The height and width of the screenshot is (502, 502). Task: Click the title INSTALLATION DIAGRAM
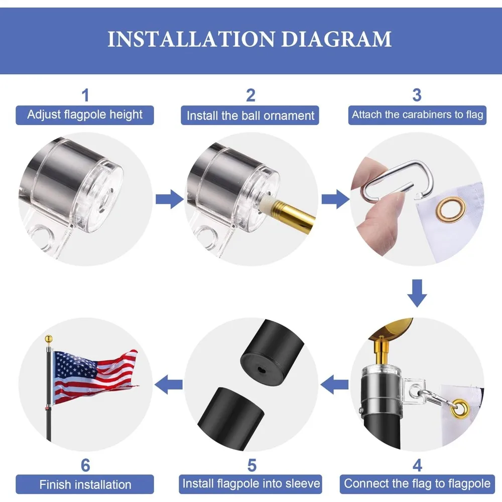pyautogui.click(x=249, y=39)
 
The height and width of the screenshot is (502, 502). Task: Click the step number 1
pyautogui.click(x=85, y=95)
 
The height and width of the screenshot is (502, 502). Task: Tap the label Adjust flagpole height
pyautogui.click(x=85, y=114)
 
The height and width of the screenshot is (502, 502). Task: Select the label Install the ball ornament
pyautogui.click(x=250, y=115)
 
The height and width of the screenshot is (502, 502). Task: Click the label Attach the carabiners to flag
pyautogui.click(x=417, y=114)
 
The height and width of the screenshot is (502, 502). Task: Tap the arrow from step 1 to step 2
pyautogui.click(x=169, y=199)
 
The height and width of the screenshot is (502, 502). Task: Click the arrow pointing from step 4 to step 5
pyautogui.click(x=334, y=386)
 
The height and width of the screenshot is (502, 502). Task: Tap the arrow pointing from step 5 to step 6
pyautogui.click(x=168, y=386)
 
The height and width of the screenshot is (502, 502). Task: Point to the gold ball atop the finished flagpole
pyautogui.click(x=49, y=339)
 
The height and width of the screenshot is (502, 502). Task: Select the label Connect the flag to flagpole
pyautogui.click(x=417, y=483)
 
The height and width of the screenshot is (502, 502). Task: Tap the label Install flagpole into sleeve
pyautogui.click(x=251, y=483)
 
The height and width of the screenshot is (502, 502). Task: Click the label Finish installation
pyautogui.click(x=85, y=484)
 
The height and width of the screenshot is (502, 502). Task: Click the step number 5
pyautogui.click(x=252, y=465)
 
